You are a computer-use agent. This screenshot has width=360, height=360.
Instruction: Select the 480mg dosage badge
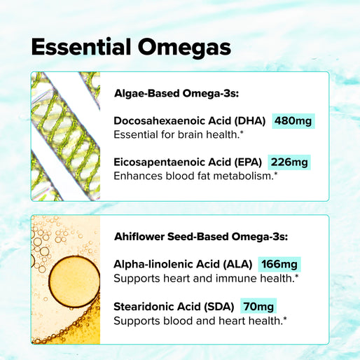tap(293, 120)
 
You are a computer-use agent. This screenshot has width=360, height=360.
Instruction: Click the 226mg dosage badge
tap(289, 162)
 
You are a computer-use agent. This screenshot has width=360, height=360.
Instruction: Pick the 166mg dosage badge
tap(279, 264)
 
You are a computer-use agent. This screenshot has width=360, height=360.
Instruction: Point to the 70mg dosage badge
tap(258, 306)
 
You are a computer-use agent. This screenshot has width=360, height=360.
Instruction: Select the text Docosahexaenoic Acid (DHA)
tap(189, 120)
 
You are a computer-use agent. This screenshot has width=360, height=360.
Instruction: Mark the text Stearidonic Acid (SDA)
tap(174, 306)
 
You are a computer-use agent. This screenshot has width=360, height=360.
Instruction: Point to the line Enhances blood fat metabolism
tap(195, 176)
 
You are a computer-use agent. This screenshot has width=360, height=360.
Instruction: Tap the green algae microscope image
tap(65, 136)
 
